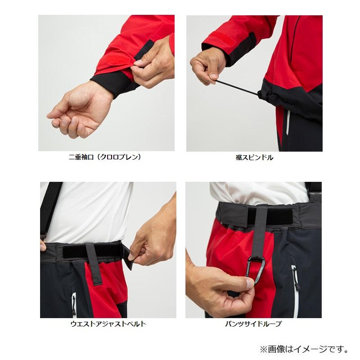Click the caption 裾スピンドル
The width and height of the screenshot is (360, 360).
[x=254, y=157]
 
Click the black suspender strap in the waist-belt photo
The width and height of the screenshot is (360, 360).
[x=49, y=207]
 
